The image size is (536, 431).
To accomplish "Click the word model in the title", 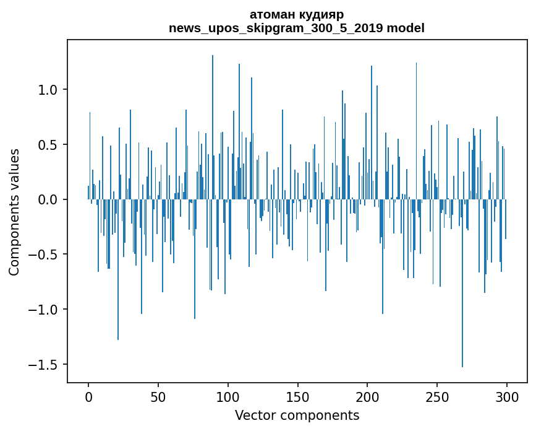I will click(406, 28).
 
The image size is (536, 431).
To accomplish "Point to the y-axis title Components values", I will click(14, 212).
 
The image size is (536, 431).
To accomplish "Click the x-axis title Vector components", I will click(297, 415).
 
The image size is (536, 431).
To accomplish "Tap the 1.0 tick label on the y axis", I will click(49, 90).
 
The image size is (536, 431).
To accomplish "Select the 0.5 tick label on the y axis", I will click(49, 145).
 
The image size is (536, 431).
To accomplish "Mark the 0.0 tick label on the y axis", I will click(49, 199).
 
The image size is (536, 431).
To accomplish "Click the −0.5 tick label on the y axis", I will click(45, 255).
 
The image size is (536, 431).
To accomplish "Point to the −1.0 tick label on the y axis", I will click(45, 310).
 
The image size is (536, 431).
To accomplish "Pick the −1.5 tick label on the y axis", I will click(45, 364).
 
